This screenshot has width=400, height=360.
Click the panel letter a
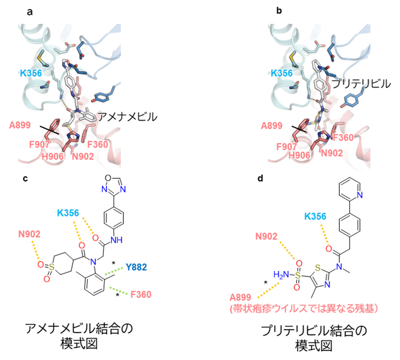tap(30, 12)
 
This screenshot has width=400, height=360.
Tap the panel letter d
tap(260, 178)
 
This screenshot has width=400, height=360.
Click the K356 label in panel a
tap(31, 73)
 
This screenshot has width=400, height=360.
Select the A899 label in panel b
tap(272, 126)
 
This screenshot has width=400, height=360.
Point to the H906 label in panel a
tap(53, 156)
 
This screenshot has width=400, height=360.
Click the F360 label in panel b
tap(343, 138)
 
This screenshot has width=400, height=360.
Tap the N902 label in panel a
tap(83, 156)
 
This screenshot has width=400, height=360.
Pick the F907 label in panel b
tap(287, 147)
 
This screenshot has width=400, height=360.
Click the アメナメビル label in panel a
tap(127, 116)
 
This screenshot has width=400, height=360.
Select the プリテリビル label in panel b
tap(361, 84)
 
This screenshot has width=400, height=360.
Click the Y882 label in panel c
tap(136, 267)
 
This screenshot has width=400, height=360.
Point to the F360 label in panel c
tap(141, 294)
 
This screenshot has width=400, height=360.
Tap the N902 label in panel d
tap(266, 236)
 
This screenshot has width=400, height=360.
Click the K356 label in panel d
tap(315, 217)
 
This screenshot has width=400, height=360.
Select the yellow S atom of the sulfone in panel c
tap(52, 267)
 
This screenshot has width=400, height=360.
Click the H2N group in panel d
tap(281, 275)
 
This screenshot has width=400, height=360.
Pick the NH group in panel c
tap(116, 240)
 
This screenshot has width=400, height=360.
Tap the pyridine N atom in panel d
tap(360, 195)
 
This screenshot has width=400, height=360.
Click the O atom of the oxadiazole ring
tap(108, 178)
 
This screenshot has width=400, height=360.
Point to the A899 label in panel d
tap(240, 297)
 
